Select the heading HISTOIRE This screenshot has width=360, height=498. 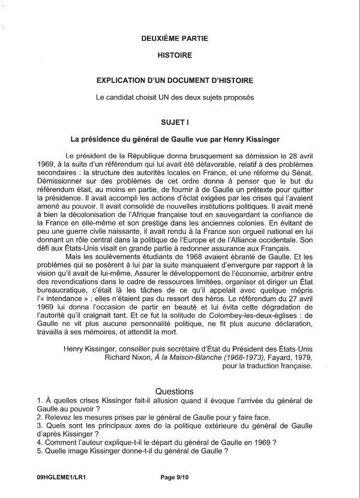[175, 55]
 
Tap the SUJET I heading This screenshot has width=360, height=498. [175, 121]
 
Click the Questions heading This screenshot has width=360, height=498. [175, 391]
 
